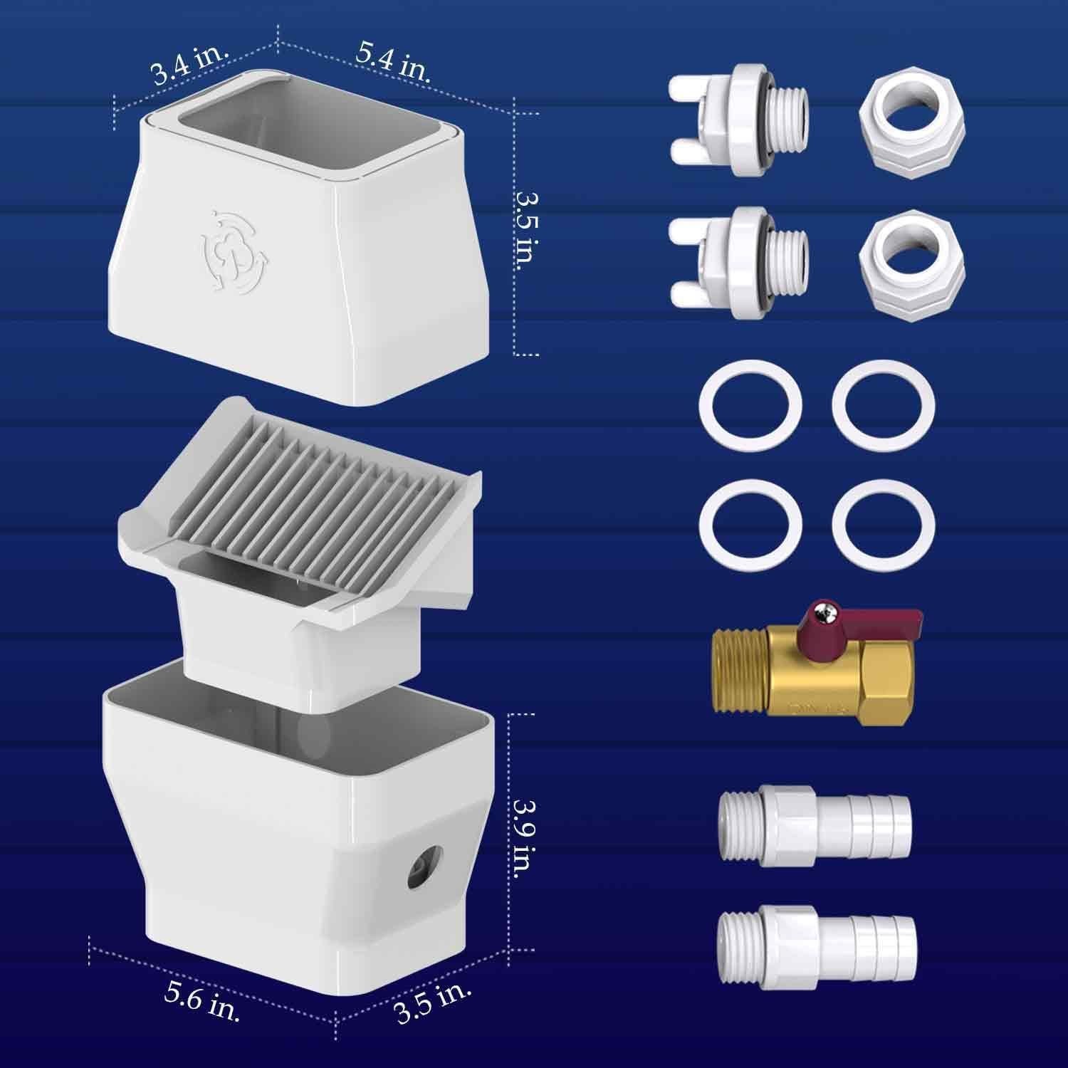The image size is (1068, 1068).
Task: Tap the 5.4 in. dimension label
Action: tap(393, 62)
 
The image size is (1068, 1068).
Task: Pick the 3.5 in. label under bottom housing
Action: tap(433, 1004)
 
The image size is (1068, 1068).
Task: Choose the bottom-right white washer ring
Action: tap(884, 526)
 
